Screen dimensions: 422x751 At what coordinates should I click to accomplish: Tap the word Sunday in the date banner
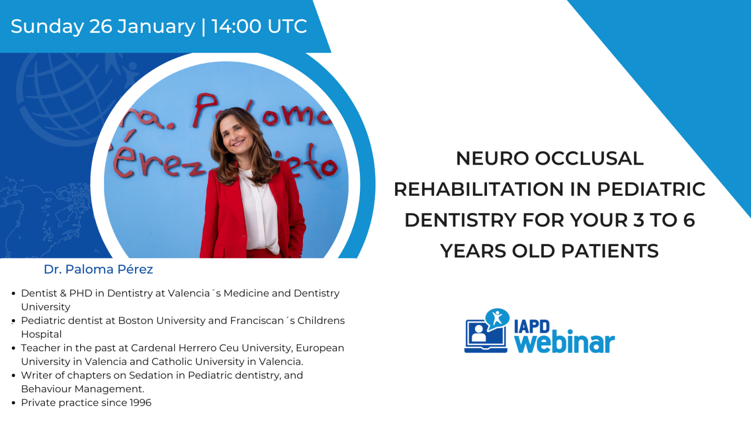(x=47, y=26)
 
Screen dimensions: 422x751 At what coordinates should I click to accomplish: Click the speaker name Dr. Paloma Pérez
(x=98, y=269)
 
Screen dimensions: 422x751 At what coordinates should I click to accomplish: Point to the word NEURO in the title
(x=492, y=158)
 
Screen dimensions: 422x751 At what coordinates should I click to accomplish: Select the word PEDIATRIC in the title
(x=651, y=190)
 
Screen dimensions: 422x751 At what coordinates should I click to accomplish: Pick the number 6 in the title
(x=689, y=220)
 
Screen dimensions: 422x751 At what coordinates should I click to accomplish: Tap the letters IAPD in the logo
(x=531, y=326)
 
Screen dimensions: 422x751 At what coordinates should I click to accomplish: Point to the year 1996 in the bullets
(x=140, y=403)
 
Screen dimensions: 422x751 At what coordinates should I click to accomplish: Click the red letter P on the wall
(x=205, y=109)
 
